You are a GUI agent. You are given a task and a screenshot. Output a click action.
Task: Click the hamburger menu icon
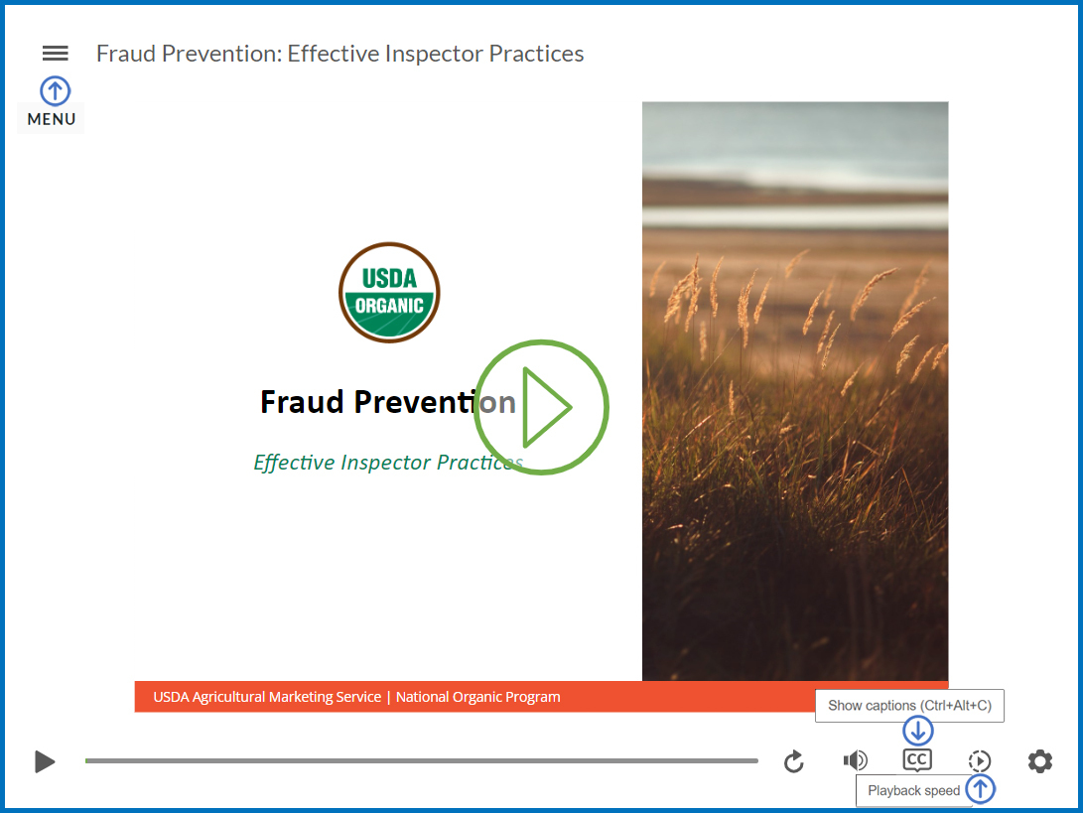coord(56,54)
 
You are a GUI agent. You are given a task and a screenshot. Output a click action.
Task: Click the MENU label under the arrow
coord(52,119)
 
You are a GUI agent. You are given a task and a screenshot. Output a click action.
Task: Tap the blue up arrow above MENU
coord(55,91)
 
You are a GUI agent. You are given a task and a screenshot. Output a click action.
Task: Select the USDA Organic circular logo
coord(389,293)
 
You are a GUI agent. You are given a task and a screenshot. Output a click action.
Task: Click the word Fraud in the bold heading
coord(302,402)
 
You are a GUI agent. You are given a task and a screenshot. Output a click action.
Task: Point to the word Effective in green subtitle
coord(294,463)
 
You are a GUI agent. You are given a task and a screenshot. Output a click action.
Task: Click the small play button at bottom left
coord(45,761)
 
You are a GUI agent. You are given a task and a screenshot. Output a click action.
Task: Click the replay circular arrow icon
coord(793,761)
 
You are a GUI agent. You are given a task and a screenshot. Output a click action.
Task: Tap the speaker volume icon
coord(855,761)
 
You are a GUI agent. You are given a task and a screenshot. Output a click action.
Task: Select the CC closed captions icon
coord(917,761)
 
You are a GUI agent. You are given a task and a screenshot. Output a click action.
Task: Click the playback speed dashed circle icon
coord(979,761)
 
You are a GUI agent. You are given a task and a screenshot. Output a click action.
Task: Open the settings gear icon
coord(1039,761)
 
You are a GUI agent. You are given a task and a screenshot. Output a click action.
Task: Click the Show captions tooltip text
coord(909,706)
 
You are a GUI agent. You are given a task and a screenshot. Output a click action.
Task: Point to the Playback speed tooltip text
coord(913,791)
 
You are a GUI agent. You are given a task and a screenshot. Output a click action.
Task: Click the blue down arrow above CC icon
coord(918,732)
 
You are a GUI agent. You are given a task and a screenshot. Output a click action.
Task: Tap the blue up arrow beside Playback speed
coord(981,789)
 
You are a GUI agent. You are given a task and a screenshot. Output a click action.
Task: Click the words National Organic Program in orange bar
coord(477,697)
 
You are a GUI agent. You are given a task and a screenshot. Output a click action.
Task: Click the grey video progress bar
coord(421,761)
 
